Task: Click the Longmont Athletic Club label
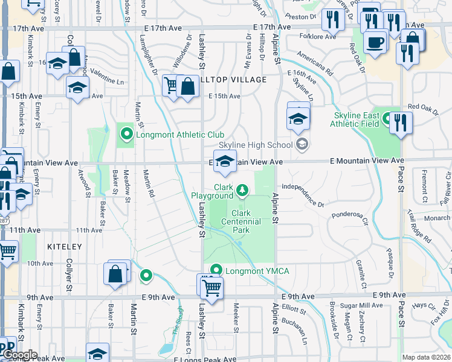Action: pos(180,135)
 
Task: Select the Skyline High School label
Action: pos(256,145)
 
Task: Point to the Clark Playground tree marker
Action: pos(242,191)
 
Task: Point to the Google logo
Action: pos(19,355)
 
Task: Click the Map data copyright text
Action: pos(427,357)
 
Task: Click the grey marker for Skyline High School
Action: pos(302,144)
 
